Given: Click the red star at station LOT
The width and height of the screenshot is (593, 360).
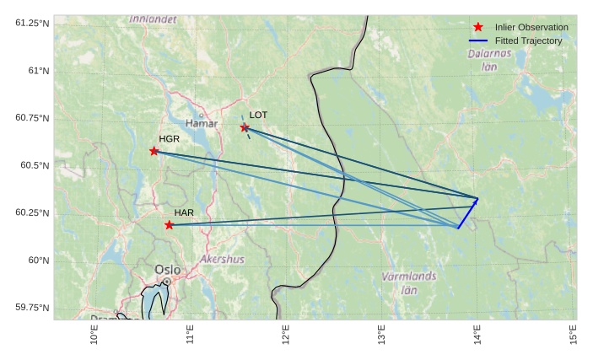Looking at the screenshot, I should pos(245,127).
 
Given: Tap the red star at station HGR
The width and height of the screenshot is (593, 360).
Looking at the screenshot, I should pos(154,151).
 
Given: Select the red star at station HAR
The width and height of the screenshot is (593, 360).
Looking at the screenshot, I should pos(169,225).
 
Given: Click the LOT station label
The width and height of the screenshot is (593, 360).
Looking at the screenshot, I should pos(258,115).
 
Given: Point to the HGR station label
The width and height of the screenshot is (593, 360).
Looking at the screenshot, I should pos(170,138).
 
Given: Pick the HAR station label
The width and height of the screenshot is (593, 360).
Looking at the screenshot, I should pos(184,212).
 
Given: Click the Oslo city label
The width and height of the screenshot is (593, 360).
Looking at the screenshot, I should pos(167,270).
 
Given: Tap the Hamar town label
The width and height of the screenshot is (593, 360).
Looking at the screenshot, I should pos(201,124).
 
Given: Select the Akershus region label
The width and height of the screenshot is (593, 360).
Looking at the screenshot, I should pos(222,260).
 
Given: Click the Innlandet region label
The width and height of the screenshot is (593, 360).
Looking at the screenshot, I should pos(153,18).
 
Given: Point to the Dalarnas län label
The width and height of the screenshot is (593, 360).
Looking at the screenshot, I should pos(488,59).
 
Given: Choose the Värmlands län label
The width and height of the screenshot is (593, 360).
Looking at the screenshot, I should pos(409,282).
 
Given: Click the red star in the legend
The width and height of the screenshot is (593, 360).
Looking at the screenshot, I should pos(478,27).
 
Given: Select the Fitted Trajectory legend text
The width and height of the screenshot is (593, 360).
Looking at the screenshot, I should pos(528,40).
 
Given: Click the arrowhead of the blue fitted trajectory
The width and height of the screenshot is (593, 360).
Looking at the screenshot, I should pos(477,200).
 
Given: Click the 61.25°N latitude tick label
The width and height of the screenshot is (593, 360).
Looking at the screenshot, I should pos(33,23).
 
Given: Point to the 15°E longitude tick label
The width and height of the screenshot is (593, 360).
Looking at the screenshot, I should pos(574,335).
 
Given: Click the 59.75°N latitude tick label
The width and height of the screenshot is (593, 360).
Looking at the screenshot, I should pos(33,308).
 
